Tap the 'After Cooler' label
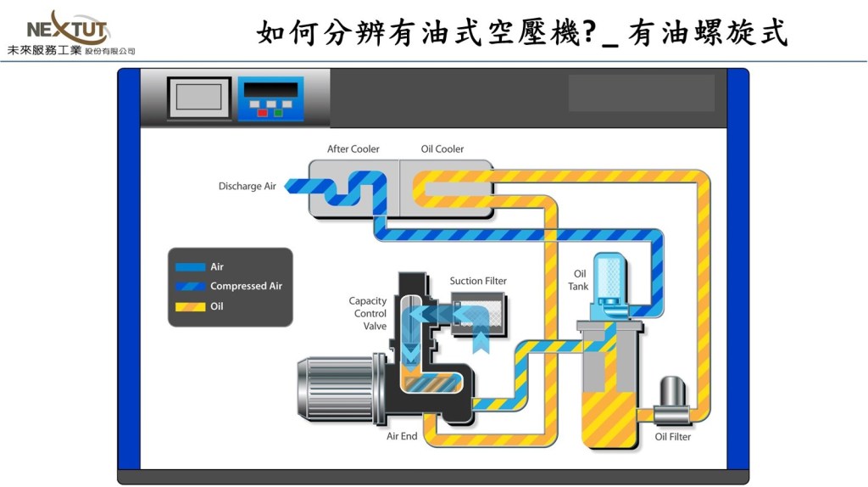pos(353,149)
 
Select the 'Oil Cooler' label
pos(442,149)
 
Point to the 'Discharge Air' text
pos(248,187)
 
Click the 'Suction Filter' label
pos(478,281)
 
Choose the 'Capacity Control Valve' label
pos(368,313)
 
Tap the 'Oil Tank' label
pos(580,280)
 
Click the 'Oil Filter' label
pos(673,437)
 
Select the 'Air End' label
pos(402,437)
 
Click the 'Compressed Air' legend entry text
pos(246,287)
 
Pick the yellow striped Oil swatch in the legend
pos(191,306)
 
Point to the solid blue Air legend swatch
pos(191,266)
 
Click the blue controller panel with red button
pos(270,98)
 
